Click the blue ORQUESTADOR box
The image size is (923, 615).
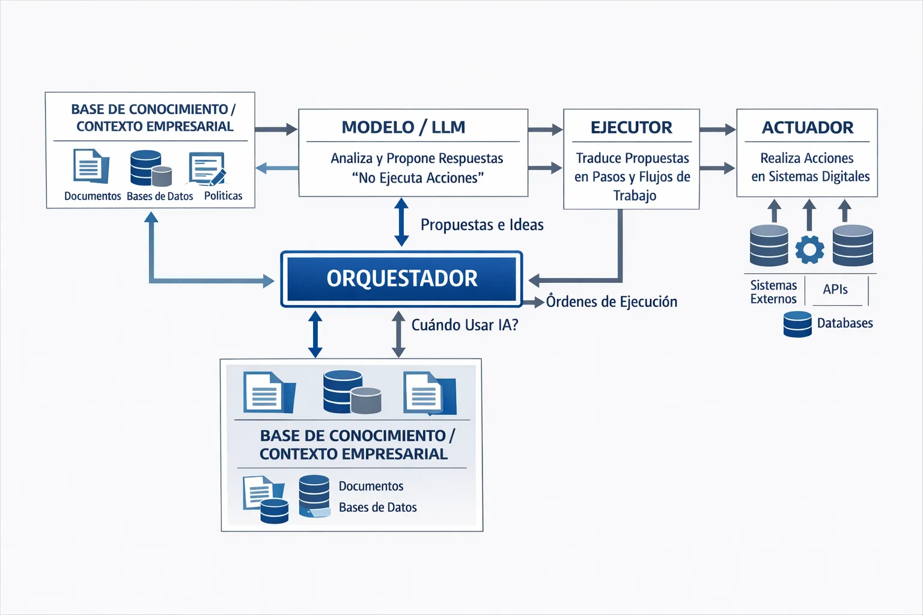point(401,279)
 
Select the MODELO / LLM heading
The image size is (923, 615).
point(403,127)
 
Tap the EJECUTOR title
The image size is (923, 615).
point(631,127)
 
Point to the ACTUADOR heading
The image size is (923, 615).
point(807,127)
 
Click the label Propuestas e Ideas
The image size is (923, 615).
point(482,225)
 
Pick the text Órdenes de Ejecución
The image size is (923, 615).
point(611,301)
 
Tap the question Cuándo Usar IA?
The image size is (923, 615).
point(465,325)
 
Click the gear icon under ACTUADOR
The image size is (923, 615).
point(809,249)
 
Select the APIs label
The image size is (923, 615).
point(835,289)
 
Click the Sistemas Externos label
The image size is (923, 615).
point(773,292)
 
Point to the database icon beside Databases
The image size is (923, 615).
point(797,324)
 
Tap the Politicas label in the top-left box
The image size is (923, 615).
point(223,196)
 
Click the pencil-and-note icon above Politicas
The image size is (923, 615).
point(207,168)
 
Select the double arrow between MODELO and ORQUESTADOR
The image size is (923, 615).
point(401,222)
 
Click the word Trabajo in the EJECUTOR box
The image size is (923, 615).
point(635,195)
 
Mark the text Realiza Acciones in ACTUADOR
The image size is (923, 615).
point(806,158)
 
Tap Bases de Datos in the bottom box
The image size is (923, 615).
point(377,507)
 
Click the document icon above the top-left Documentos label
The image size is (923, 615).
point(91,166)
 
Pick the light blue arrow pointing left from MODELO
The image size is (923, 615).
point(277,168)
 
